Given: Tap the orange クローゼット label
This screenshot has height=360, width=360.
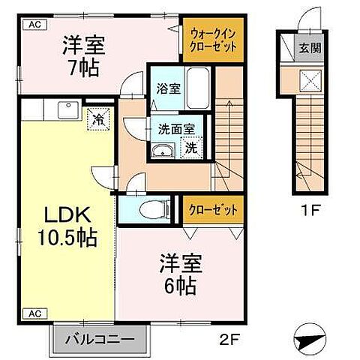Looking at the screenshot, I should [212, 209].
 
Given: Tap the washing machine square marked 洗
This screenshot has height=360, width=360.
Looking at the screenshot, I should [192, 148].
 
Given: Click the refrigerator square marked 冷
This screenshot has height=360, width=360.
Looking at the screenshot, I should [97, 118].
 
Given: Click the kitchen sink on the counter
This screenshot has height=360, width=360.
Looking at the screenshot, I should [59, 110].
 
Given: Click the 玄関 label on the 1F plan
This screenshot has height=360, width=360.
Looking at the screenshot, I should [309, 49].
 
